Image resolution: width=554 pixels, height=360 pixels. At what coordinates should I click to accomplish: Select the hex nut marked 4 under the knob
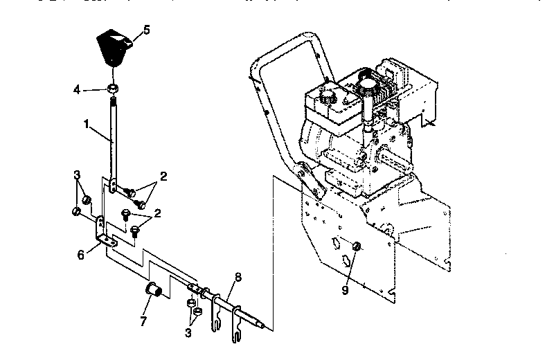(x=111, y=89)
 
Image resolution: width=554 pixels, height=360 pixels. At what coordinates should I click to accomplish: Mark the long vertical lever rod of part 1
(x=111, y=138)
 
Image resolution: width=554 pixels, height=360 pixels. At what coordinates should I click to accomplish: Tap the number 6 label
(x=80, y=254)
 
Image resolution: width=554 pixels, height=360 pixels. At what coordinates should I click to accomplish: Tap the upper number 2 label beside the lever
(x=163, y=177)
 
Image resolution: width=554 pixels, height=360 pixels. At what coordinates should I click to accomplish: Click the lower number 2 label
(x=157, y=213)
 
